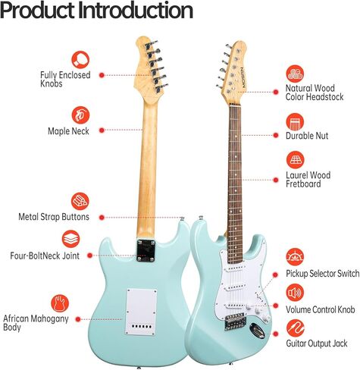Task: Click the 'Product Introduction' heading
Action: (x=96, y=11)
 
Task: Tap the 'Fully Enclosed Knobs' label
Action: (x=65, y=79)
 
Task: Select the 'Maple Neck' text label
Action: (x=68, y=131)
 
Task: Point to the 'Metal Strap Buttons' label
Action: (x=54, y=217)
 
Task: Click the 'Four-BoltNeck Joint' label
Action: (x=45, y=256)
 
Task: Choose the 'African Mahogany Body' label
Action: (x=36, y=323)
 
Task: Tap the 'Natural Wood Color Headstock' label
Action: (x=315, y=92)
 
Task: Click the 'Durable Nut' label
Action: (x=307, y=136)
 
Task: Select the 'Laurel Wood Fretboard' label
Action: (x=308, y=180)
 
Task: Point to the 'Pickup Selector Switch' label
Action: (x=322, y=274)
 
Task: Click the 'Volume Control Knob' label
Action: (x=321, y=309)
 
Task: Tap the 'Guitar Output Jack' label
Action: (x=317, y=343)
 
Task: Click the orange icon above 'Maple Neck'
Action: (x=80, y=115)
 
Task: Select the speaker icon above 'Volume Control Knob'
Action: (x=295, y=293)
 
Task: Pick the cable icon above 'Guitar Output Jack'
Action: (x=296, y=328)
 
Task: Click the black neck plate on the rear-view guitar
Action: (x=146, y=250)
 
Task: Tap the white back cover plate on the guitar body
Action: (x=141, y=312)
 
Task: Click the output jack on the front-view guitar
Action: (x=257, y=331)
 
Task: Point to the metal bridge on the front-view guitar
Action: (x=235, y=321)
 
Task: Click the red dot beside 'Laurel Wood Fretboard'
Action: (x=276, y=180)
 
